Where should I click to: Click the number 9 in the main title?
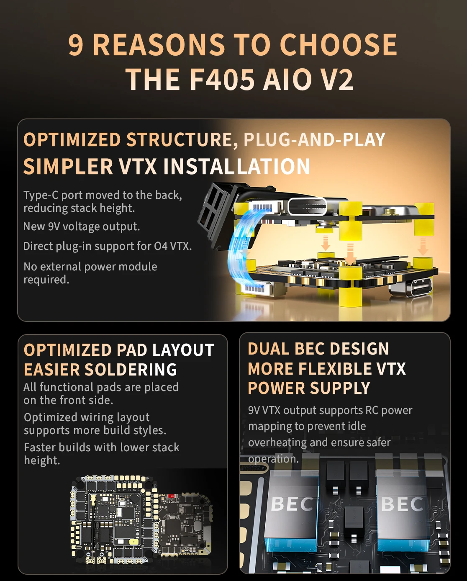click(x=76, y=45)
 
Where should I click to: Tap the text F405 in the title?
click(x=222, y=80)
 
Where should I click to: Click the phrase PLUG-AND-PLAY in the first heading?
click(x=314, y=140)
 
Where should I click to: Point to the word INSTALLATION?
click(x=237, y=167)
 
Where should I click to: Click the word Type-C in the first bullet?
click(x=41, y=195)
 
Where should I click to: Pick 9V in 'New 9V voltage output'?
click(x=54, y=226)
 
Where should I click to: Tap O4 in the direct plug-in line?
click(x=161, y=246)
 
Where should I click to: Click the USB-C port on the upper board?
click(x=307, y=206)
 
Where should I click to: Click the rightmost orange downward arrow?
click(x=423, y=247)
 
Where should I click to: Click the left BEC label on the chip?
click(x=292, y=504)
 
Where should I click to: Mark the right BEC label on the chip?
click(x=402, y=504)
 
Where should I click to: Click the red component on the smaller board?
click(x=172, y=496)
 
